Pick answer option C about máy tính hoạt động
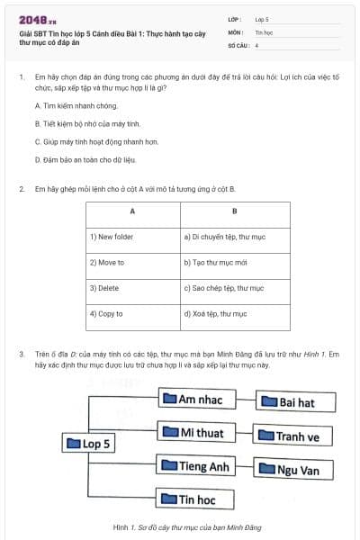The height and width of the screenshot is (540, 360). click(x=83, y=141)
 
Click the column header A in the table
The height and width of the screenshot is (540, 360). click(x=132, y=212)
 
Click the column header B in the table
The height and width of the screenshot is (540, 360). click(x=234, y=212)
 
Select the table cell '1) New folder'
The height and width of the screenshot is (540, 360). click(x=132, y=238)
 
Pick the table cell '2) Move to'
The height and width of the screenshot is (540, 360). click(x=132, y=263)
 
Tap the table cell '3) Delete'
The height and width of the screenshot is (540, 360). click(x=132, y=289)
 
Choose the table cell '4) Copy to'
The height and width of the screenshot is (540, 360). click(x=132, y=314)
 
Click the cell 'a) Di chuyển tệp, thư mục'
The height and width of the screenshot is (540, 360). click(x=234, y=238)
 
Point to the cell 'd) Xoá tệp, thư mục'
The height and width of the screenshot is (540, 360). click(x=234, y=314)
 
